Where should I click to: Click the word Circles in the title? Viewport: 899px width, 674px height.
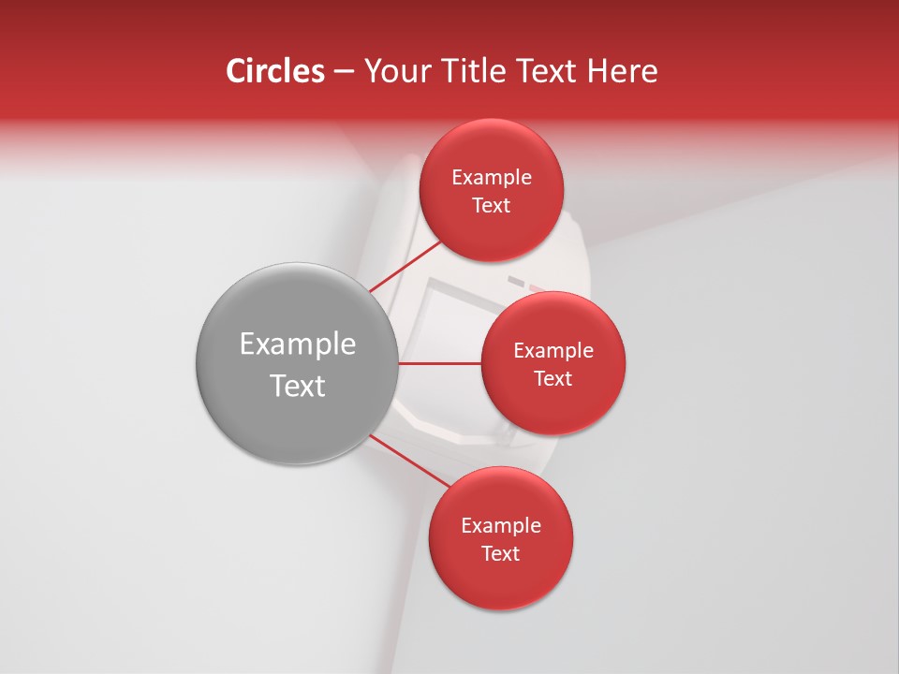[x=274, y=71]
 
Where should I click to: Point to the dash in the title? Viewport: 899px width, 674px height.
[x=344, y=72]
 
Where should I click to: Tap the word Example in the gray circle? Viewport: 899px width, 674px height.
[x=298, y=344]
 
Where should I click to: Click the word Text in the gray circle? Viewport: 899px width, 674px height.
[x=298, y=386]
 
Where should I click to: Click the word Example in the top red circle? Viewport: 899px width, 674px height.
[x=492, y=177]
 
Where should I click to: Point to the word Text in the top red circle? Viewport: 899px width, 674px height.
[x=492, y=205]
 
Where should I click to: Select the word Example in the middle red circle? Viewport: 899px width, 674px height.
[x=553, y=350]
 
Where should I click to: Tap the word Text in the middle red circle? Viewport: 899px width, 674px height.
[x=553, y=378]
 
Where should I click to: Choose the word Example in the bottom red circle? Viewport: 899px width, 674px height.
[x=501, y=525]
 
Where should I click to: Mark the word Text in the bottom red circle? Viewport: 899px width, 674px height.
[x=501, y=553]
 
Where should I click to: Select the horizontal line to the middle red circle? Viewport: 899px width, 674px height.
[x=440, y=363]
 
